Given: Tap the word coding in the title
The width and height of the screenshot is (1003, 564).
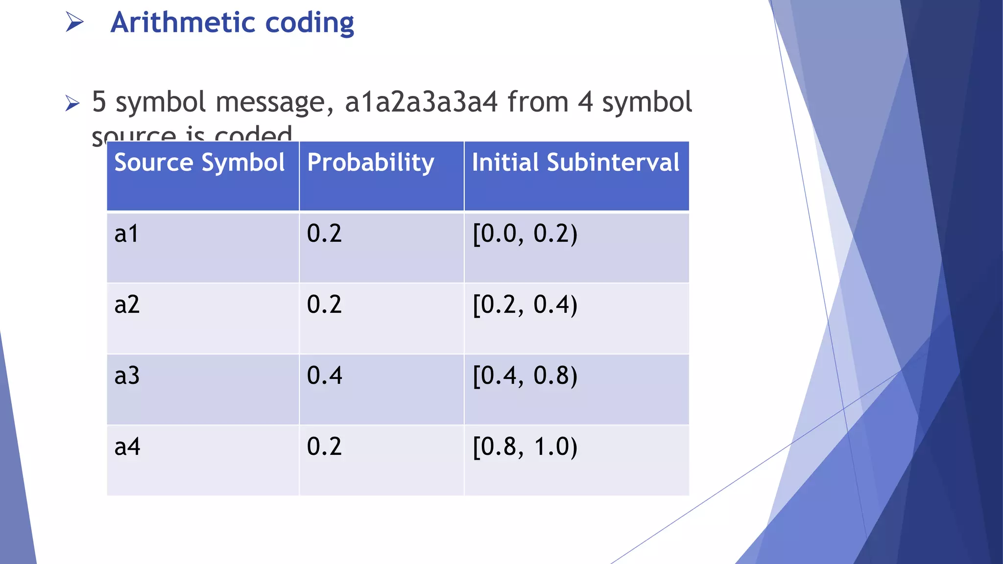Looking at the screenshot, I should [310, 24].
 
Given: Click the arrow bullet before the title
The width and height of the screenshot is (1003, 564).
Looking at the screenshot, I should [74, 22].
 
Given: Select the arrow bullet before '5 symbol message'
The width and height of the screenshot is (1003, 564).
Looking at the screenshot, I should [72, 103].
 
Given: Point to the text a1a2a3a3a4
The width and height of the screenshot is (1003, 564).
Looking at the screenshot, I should [421, 102].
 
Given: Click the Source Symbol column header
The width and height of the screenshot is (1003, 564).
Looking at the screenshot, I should [199, 163].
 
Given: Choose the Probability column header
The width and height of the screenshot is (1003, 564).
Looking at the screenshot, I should [370, 163].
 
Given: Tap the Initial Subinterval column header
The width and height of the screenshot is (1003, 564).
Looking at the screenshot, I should [575, 163].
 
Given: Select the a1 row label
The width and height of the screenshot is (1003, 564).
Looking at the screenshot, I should [126, 234].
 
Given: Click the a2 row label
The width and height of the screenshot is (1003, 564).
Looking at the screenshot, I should [127, 305].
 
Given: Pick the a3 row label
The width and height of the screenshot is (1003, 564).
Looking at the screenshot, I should [127, 376].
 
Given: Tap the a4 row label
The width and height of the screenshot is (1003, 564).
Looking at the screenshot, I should [127, 446].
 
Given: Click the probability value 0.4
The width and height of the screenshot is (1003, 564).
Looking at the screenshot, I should [324, 376].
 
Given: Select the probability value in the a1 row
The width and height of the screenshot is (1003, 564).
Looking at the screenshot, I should [324, 234].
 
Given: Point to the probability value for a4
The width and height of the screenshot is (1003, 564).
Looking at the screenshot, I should [324, 446].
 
